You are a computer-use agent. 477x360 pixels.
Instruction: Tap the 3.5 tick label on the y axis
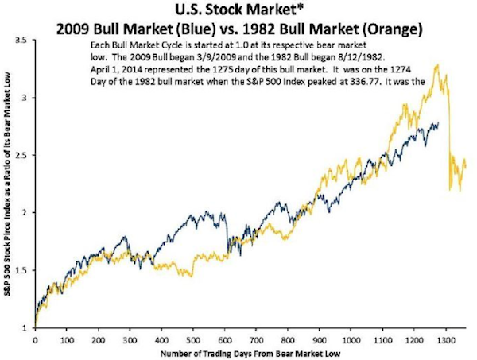(25, 40)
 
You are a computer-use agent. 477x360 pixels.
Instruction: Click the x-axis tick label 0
(36, 339)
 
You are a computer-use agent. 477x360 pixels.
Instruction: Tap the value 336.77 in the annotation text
(393, 81)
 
